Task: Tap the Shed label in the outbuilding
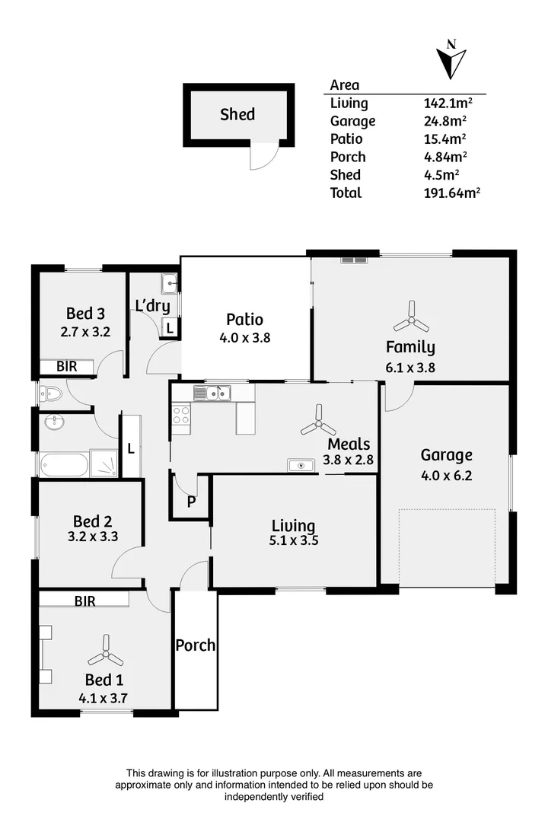[x=237, y=115]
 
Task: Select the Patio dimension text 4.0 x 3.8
[x=244, y=337]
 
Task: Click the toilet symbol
[x=51, y=393]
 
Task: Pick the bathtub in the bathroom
[x=65, y=464]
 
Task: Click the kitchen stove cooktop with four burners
[x=181, y=415]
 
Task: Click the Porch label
[x=196, y=645]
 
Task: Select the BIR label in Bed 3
[x=67, y=367]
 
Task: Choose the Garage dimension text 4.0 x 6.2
[x=447, y=476]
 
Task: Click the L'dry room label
[x=152, y=306]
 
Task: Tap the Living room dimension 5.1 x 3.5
[x=294, y=543]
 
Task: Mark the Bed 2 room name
[x=93, y=521]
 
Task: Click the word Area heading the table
[x=345, y=85]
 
